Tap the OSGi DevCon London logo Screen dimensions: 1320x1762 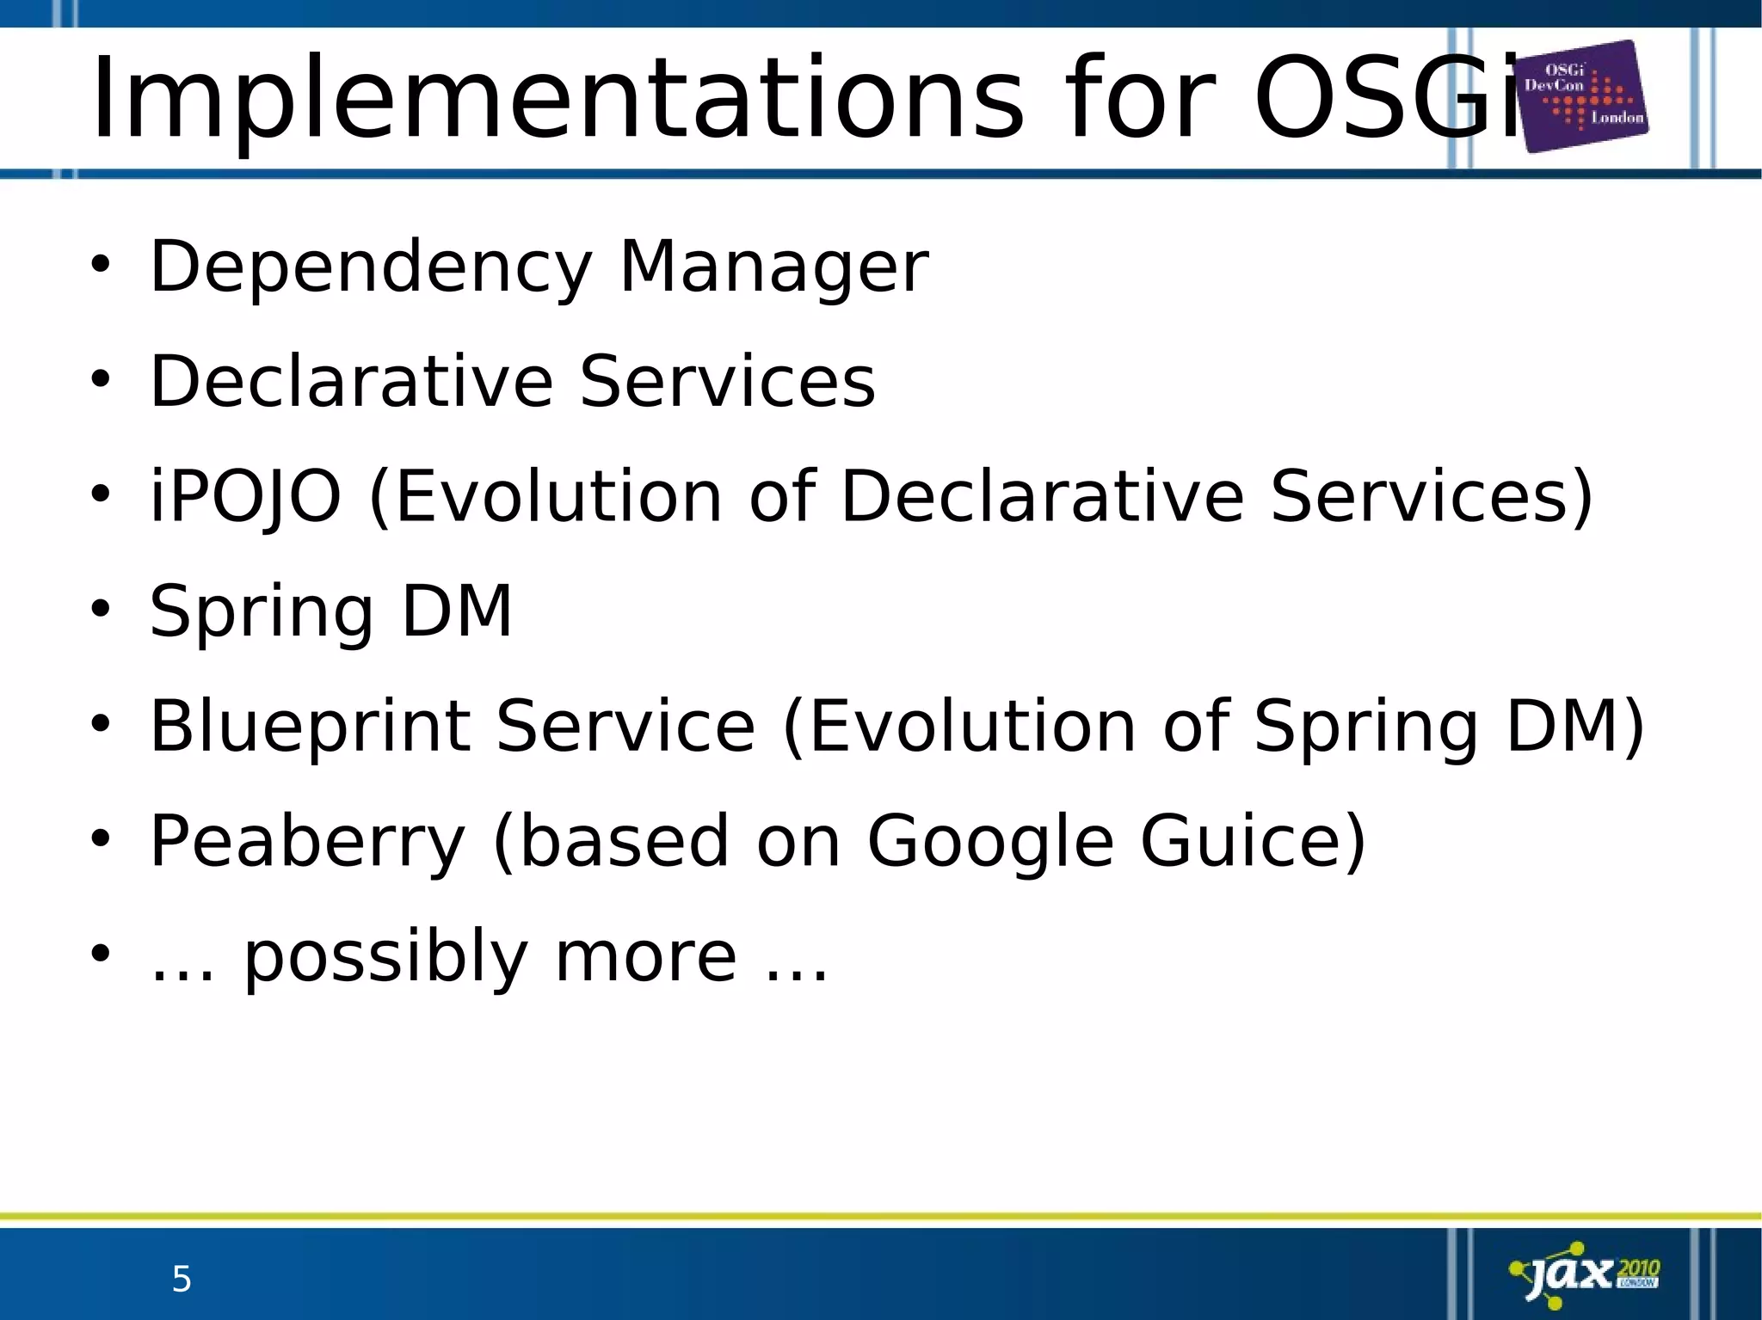[1584, 96]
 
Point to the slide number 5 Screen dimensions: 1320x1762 [182, 1280]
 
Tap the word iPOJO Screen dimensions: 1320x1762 [245, 497]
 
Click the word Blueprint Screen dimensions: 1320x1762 [311, 728]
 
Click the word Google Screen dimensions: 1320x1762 [990, 843]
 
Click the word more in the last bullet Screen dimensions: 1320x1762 [646, 958]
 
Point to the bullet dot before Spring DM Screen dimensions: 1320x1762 [101, 609]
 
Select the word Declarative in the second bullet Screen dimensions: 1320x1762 [352, 382]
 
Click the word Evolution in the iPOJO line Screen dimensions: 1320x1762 [558, 497]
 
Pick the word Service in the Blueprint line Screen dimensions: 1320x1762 [625, 727]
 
